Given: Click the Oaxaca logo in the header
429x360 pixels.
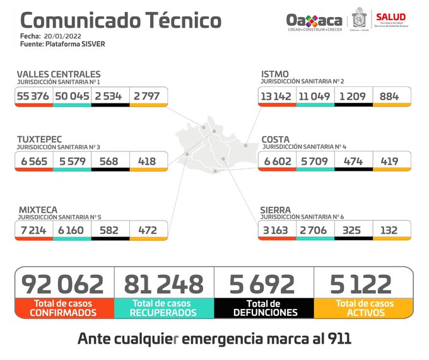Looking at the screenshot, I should (x=314, y=22).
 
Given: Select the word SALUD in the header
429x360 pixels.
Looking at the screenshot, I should (x=391, y=17).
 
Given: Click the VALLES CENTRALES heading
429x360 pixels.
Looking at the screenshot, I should (x=58, y=74).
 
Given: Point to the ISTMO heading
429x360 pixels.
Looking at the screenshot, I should (x=275, y=74).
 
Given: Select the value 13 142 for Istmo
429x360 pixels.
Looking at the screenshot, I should (x=276, y=96).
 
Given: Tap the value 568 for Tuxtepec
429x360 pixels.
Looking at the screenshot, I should (x=109, y=161).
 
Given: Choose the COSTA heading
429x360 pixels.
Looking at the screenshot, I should (x=276, y=139).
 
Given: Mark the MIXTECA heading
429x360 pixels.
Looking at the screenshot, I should (x=37, y=209).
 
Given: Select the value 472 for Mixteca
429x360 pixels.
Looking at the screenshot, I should (x=147, y=231).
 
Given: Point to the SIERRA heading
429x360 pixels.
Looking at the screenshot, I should (x=276, y=209).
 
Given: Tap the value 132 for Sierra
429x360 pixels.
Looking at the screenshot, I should (x=389, y=231).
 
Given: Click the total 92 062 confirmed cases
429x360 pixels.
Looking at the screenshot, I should (x=62, y=284).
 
